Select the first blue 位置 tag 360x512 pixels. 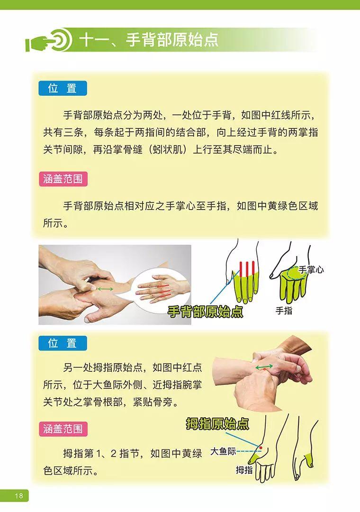[63, 88]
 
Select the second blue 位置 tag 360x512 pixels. [63, 343]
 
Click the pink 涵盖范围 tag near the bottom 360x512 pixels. [63, 430]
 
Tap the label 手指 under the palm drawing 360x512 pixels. [284, 311]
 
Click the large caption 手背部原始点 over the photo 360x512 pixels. [205, 311]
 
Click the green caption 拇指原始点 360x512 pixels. [217, 423]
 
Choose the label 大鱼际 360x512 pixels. [223, 451]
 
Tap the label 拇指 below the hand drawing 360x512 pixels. [244, 470]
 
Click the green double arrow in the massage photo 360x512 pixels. [105, 289]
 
